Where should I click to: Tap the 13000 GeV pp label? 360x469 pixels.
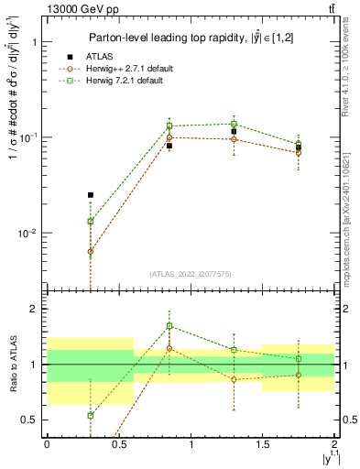pos(80,10)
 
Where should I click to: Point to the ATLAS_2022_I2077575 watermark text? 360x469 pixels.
pos(191,274)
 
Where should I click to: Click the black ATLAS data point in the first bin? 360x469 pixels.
pos(90,195)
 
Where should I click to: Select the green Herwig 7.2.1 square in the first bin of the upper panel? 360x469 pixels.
pos(90,221)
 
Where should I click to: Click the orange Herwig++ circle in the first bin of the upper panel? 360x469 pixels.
pos(90,251)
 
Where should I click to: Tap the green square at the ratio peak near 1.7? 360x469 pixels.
pos(169,326)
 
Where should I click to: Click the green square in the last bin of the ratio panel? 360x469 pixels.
pos(299,359)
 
